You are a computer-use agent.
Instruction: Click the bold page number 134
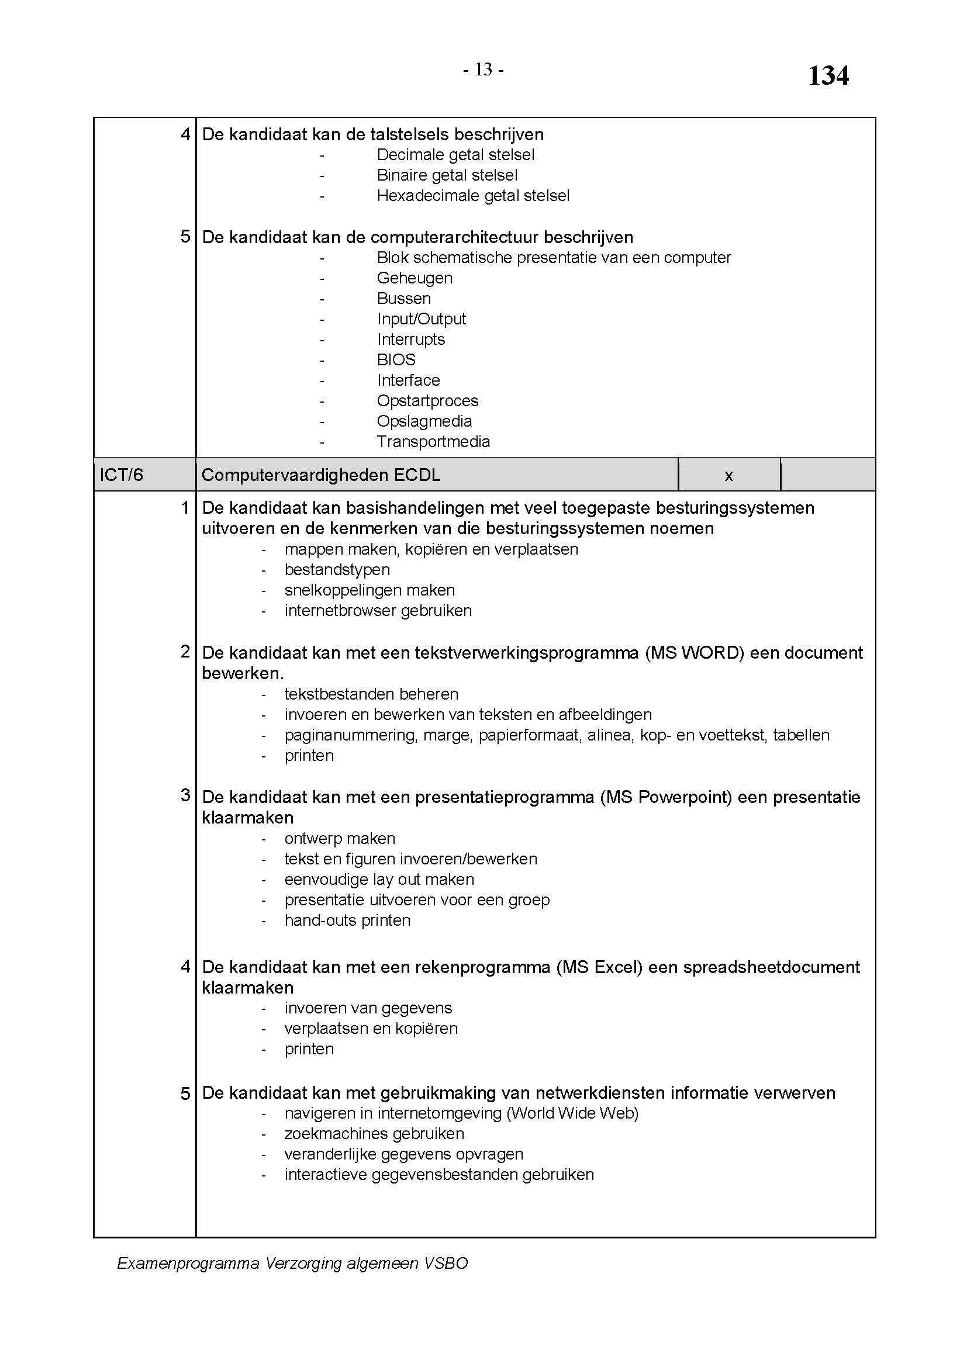coord(828,76)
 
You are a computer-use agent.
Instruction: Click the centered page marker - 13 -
coord(483,70)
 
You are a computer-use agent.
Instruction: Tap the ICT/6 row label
coord(122,475)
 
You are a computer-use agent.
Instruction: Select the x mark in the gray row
coord(728,476)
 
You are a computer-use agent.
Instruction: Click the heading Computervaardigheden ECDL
coord(321,475)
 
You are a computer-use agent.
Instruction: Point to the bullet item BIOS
coord(396,359)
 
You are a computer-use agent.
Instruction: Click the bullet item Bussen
coord(404,298)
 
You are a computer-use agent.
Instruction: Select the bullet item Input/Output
coord(421,319)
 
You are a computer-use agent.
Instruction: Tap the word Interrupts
coord(411,340)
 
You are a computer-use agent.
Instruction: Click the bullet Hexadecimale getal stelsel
coord(473,195)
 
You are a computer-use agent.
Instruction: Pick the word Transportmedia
coord(433,442)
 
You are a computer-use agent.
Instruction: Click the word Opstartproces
coord(427,401)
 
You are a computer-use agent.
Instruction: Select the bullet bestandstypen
coord(337,570)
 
